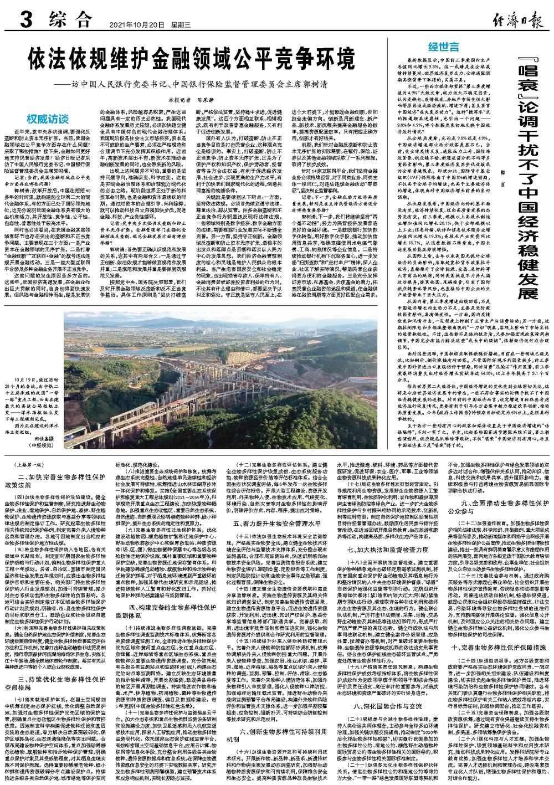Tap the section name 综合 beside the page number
tap(68, 22)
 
